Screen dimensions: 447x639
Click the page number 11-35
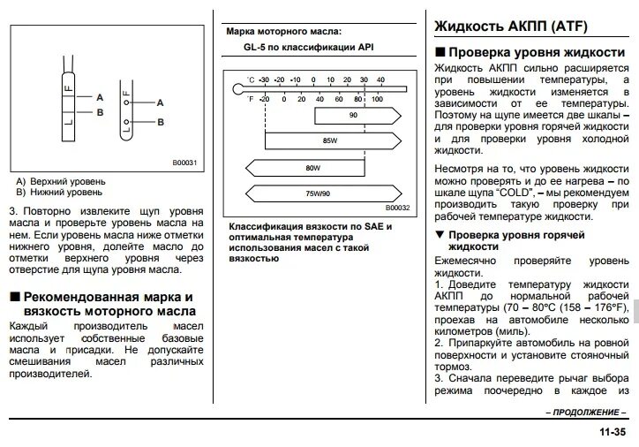(611, 432)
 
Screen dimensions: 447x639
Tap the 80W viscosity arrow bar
(311, 166)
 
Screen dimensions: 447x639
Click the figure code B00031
(186, 162)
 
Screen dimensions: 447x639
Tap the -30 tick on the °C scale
(264, 79)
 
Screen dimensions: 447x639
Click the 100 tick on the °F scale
(377, 98)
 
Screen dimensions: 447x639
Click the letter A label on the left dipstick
(100, 96)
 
